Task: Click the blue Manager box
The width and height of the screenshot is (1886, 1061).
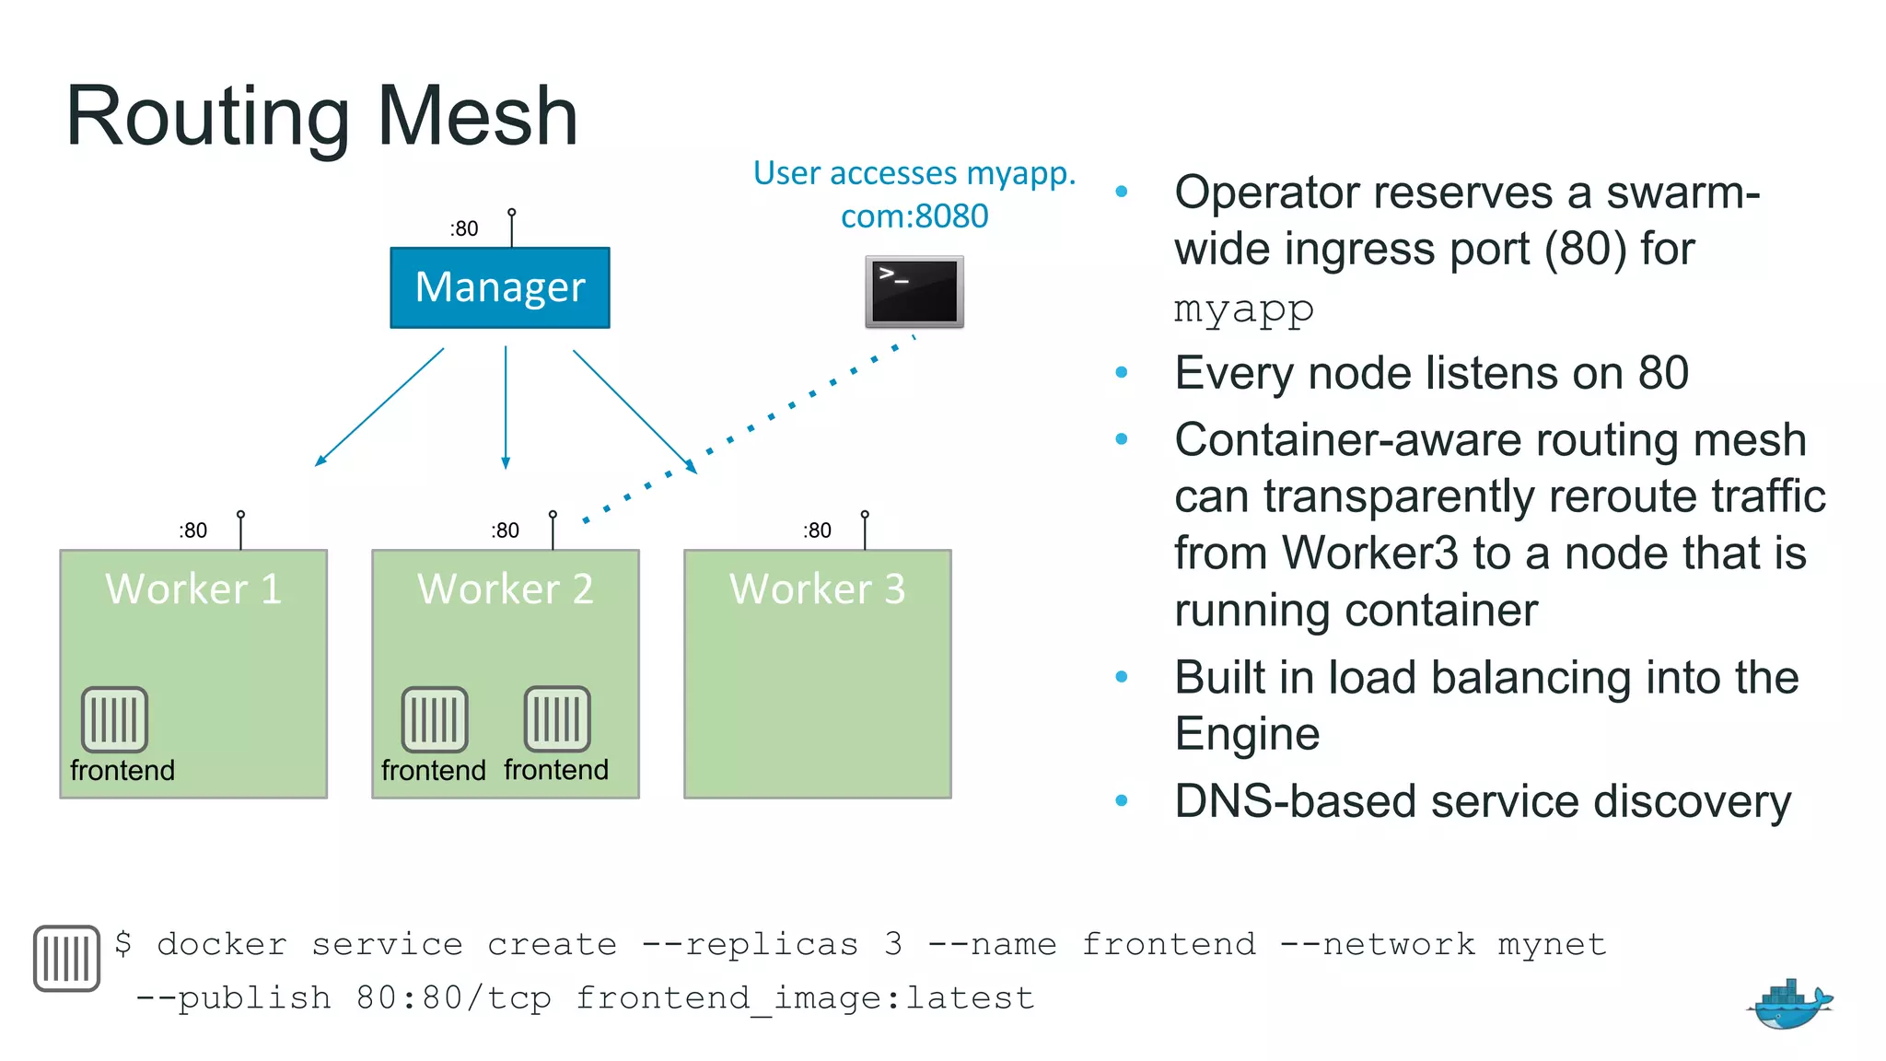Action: (x=499, y=287)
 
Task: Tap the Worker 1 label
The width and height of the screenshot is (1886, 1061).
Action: (x=193, y=589)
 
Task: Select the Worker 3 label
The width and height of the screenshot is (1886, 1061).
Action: (x=817, y=589)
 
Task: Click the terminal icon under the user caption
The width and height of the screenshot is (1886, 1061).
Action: (x=914, y=291)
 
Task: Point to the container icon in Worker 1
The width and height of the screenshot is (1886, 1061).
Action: (x=114, y=719)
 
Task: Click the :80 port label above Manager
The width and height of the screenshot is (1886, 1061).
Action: (x=464, y=228)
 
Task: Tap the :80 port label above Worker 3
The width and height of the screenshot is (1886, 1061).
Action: (x=817, y=530)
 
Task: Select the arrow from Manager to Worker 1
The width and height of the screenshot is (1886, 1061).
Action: (x=379, y=406)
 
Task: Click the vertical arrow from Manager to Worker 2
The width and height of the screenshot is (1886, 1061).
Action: (x=506, y=406)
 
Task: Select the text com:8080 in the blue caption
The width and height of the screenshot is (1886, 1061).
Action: (x=914, y=216)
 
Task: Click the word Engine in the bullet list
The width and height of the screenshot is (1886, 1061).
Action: (x=1247, y=734)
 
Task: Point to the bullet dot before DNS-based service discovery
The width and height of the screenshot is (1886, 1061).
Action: (x=1121, y=801)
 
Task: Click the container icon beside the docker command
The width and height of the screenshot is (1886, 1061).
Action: (x=66, y=958)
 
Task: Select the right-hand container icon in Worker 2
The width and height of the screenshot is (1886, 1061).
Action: (x=557, y=719)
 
